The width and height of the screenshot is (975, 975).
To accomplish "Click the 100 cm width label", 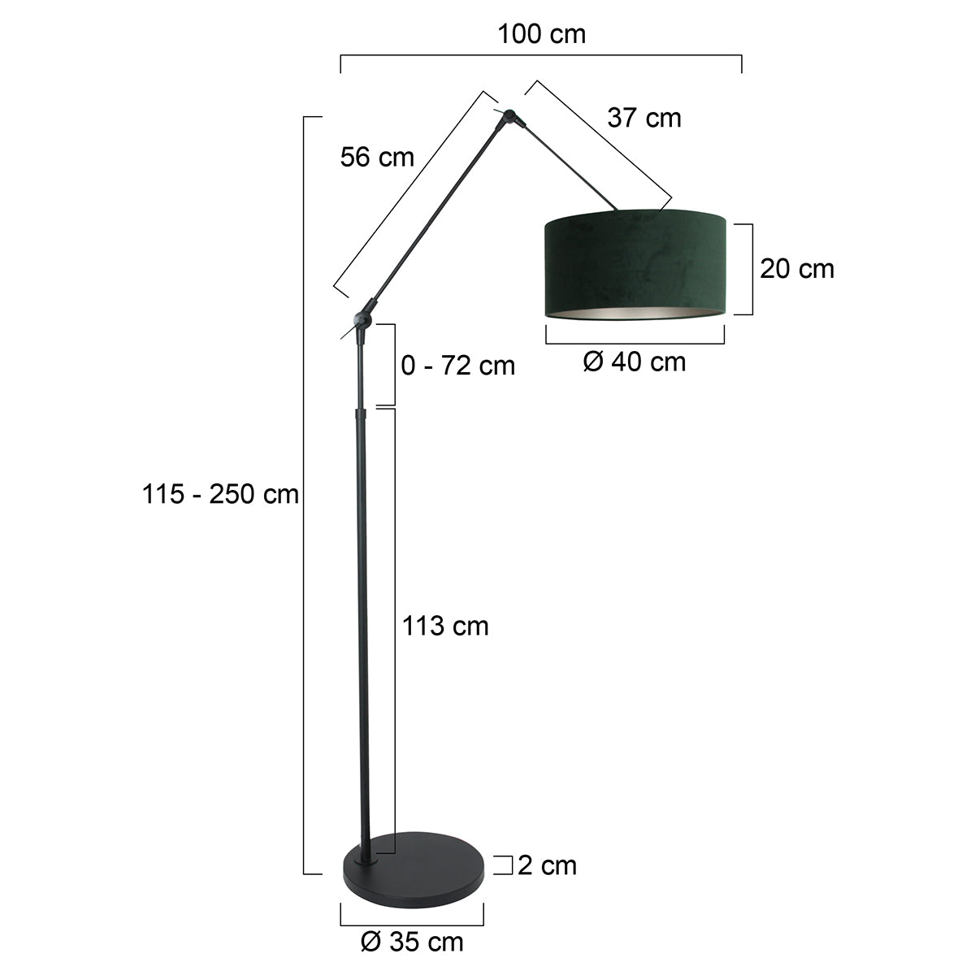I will point(541,34).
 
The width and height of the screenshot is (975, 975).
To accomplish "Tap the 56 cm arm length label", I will point(377,157).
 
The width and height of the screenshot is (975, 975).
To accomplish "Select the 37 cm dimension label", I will point(644,118).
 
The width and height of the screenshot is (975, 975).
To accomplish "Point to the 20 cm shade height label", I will point(797,268).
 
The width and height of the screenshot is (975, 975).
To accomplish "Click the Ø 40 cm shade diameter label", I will point(635,362).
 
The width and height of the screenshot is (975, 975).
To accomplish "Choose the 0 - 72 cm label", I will point(458,365).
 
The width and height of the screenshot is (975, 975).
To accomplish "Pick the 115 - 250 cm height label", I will point(221,493).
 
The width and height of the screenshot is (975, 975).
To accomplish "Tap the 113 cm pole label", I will point(445,626).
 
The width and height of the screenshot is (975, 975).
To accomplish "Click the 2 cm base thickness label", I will point(547,865).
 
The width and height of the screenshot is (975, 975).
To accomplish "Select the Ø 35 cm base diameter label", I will point(412,942).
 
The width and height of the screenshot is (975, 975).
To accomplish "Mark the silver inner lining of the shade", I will point(635,313).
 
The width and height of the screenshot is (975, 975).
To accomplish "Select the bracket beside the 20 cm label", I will point(750,269).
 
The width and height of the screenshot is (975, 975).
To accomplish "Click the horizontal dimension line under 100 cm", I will point(541,56).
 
